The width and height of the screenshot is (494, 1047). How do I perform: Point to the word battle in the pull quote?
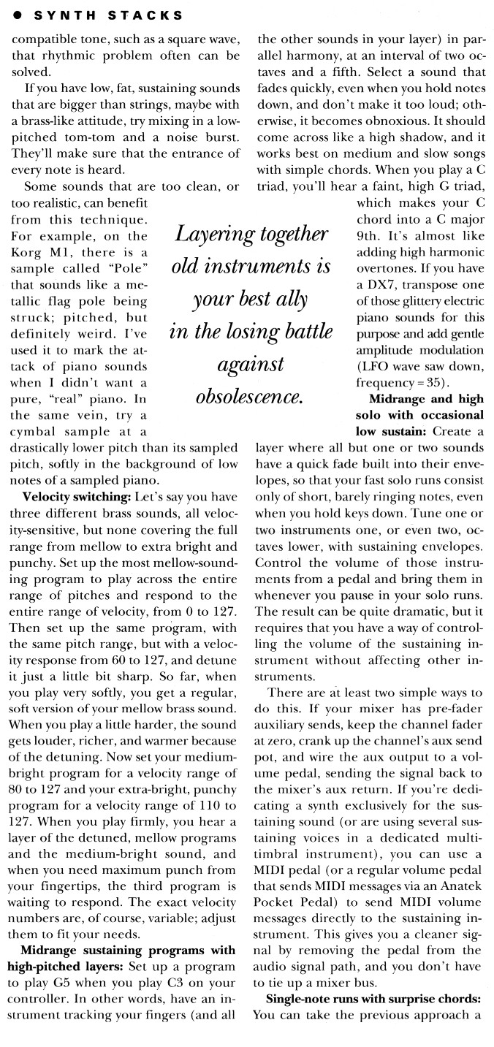click(x=300, y=331)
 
